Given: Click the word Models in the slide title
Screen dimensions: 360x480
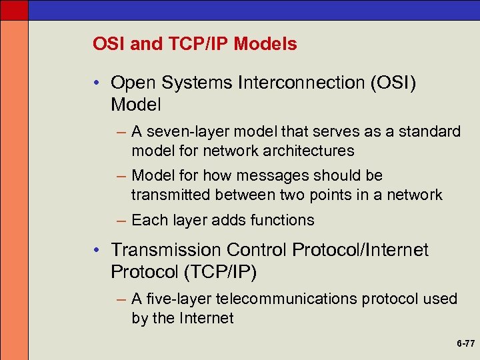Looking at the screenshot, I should click(265, 45).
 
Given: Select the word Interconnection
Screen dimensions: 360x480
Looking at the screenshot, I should click(287, 83).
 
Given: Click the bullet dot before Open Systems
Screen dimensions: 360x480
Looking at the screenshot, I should click(97, 83).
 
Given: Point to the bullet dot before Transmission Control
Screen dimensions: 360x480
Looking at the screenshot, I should click(97, 250).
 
